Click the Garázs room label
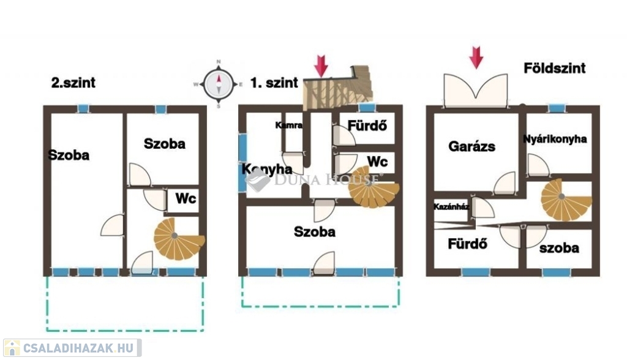pyautogui.click(x=472, y=146)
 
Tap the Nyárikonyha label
pyautogui.click(x=555, y=139)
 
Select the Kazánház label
pyautogui.click(x=451, y=207)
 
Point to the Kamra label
pyautogui.click(x=289, y=125)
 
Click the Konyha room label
pyautogui.click(x=267, y=170)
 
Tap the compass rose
pyautogui.click(x=219, y=84)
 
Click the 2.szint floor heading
pyautogui.click(x=73, y=83)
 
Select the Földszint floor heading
pyautogui.click(x=555, y=68)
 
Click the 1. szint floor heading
pyautogui.click(x=274, y=83)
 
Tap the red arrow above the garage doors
pyautogui.click(x=476, y=58)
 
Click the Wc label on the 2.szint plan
pyautogui.click(x=186, y=198)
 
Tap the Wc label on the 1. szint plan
pyautogui.click(x=377, y=162)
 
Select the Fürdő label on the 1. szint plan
pyautogui.click(x=367, y=126)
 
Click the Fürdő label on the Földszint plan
pyautogui.click(x=467, y=244)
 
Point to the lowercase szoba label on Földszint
pyautogui.click(x=559, y=248)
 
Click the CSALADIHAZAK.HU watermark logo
pyautogui.click(x=72, y=348)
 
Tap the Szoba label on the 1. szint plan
pyautogui.click(x=315, y=231)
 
